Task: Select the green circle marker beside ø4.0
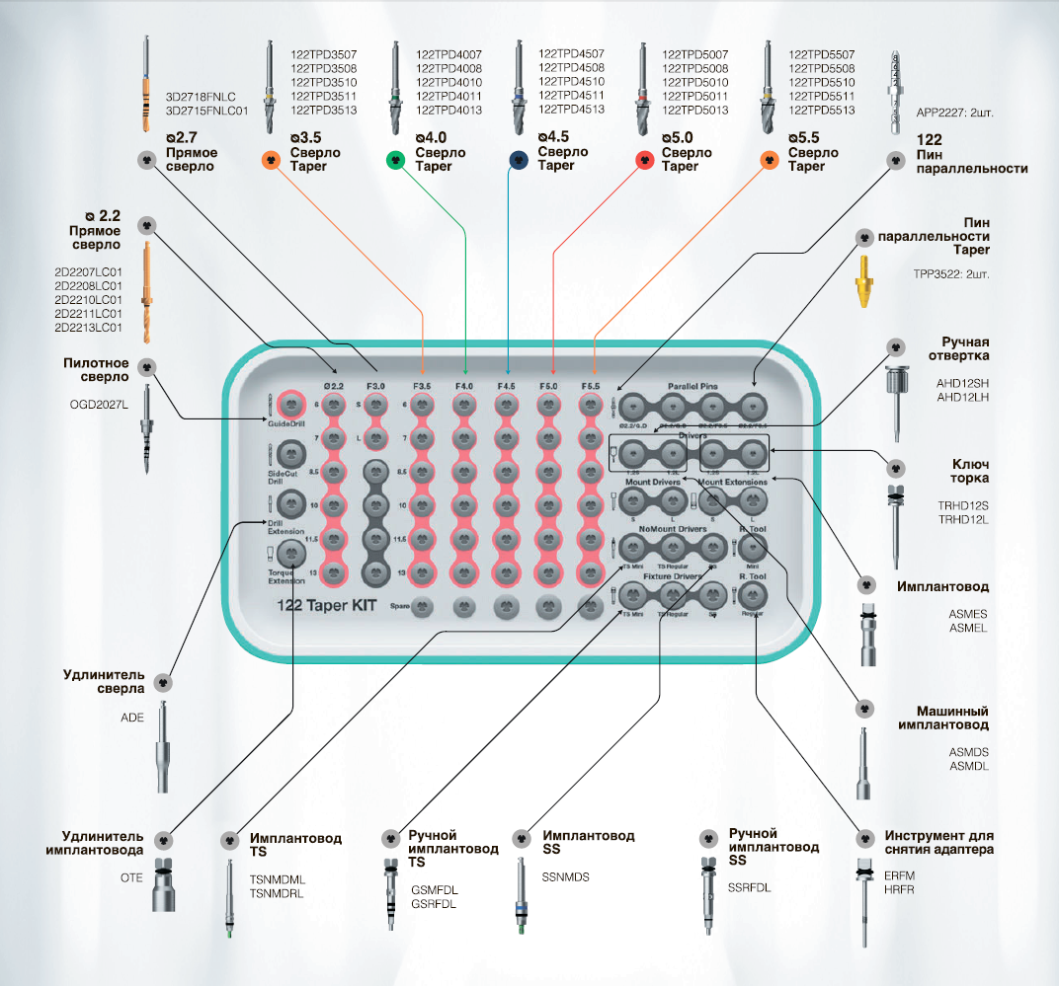pyautogui.click(x=396, y=160)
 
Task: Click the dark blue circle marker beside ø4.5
pyautogui.click(x=519, y=160)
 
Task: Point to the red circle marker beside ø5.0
pyautogui.click(x=641, y=160)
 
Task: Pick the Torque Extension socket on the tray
pyautogui.click(x=290, y=555)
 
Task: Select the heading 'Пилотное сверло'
pyautogui.click(x=96, y=369)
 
